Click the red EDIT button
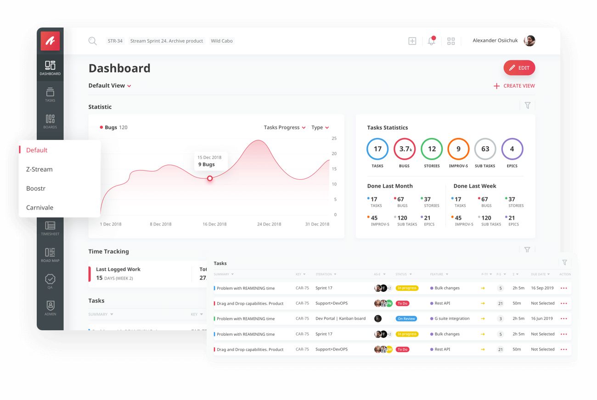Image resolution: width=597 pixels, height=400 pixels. (519, 68)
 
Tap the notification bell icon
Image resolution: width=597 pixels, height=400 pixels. (431, 41)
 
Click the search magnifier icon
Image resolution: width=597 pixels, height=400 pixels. (93, 41)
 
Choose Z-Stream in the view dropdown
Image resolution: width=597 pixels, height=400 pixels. (39, 169)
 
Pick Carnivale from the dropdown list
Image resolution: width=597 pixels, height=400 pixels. (40, 207)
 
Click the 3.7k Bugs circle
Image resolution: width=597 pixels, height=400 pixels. (405, 149)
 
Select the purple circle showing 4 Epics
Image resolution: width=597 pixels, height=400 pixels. (512, 149)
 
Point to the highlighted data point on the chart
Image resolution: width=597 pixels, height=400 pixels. (210, 178)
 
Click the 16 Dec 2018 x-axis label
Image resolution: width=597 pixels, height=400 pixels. (214, 224)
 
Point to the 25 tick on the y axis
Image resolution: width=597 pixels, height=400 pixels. (334, 139)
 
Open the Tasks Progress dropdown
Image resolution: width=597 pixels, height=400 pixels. (284, 128)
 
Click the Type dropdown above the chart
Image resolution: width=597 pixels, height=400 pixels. (320, 128)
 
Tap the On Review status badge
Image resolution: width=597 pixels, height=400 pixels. (406, 319)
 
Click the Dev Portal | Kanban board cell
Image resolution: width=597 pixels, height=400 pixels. (341, 319)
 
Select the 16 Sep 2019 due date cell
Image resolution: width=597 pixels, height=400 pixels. (542, 288)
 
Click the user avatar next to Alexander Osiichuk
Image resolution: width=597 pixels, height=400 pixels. (529, 41)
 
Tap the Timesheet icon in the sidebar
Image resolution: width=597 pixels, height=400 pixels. (50, 227)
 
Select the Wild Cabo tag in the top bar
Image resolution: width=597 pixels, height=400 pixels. (222, 41)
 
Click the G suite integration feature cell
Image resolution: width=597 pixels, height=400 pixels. (452, 319)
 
